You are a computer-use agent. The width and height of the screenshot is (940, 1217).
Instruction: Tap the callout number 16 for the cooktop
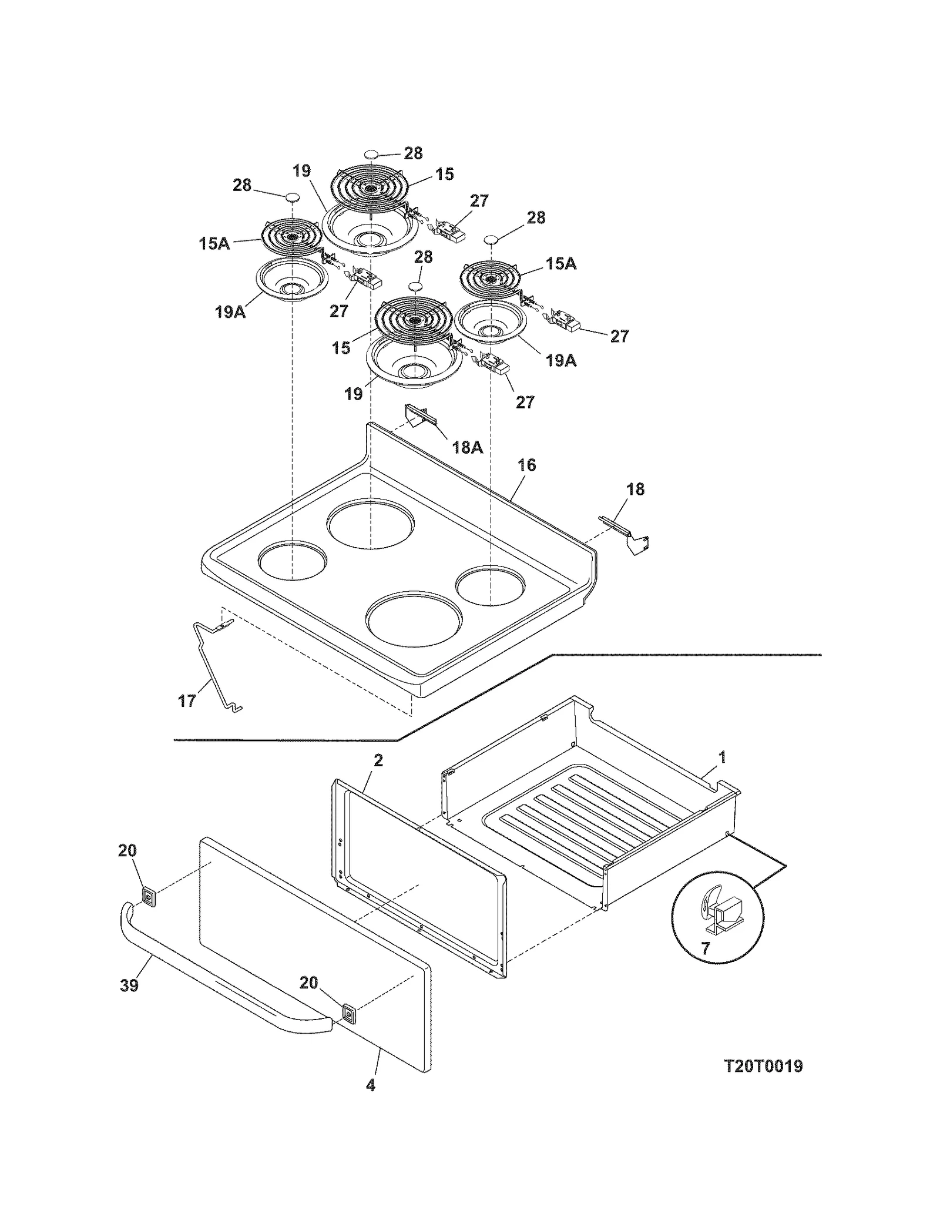pos(526,465)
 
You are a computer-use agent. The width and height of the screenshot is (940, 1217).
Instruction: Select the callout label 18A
pos(467,447)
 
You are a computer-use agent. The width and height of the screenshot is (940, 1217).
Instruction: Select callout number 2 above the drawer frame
pos(378,760)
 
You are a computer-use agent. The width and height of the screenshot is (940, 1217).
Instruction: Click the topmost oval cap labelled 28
pos(372,155)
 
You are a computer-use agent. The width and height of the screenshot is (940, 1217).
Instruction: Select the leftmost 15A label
pos(214,243)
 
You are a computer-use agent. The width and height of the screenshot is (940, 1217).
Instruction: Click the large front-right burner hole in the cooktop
pos(413,622)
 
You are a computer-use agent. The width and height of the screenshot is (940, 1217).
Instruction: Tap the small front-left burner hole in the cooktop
pos(292,558)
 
